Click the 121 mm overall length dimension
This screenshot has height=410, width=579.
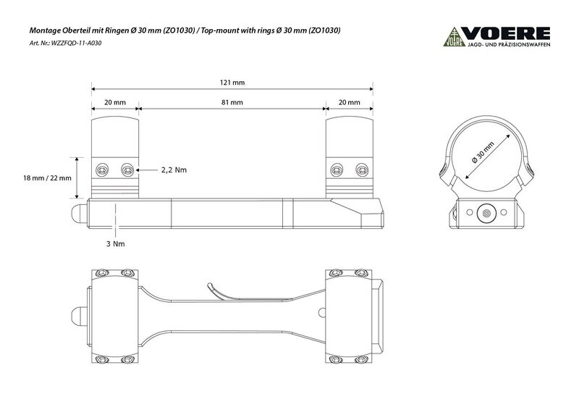(232, 83)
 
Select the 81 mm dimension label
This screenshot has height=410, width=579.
(232, 102)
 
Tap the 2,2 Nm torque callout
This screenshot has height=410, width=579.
(174, 170)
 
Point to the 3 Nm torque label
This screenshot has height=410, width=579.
(116, 244)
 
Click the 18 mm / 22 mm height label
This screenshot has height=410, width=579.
(47, 178)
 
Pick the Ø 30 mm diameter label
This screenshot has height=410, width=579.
(483, 152)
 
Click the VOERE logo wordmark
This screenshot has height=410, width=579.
(506, 33)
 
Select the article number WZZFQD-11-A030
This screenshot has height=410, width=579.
(77, 43)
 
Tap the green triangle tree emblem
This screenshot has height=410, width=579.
(455, 37)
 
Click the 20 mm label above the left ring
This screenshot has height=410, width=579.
(115, 102)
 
